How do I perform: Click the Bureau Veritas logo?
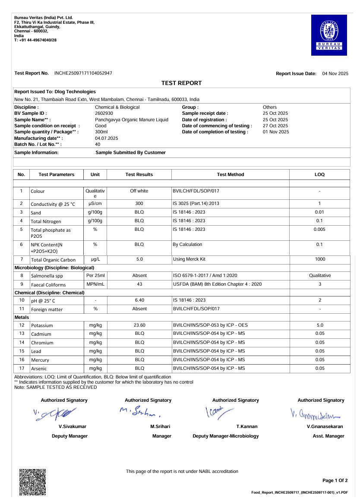click(x=329, y=35)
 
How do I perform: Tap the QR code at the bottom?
click(x=33, y=482)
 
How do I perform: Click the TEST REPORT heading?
click(x=181, y=83)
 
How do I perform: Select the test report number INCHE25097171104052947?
click(x=83, y=73)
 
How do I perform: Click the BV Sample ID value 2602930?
click(x=104, y=113)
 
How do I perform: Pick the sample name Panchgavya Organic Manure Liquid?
click(x=131, y=120)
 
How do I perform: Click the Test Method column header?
click(x=231, y=175)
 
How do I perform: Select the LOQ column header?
click(x=319, y=175)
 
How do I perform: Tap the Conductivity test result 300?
click(x=139, y=203)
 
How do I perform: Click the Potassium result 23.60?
click(x=139, y=325)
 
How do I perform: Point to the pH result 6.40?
click(x=139, y=300)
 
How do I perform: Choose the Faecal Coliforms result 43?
click(x=139, y=284)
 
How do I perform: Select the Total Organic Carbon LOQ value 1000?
click(x=320, y=259)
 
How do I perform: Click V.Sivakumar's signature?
click(x=56, y=413)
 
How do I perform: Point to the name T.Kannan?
click(x=244, y=426)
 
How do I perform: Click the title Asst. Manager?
click(x=328, y=436)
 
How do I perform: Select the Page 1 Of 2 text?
click(x=335, y=481)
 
